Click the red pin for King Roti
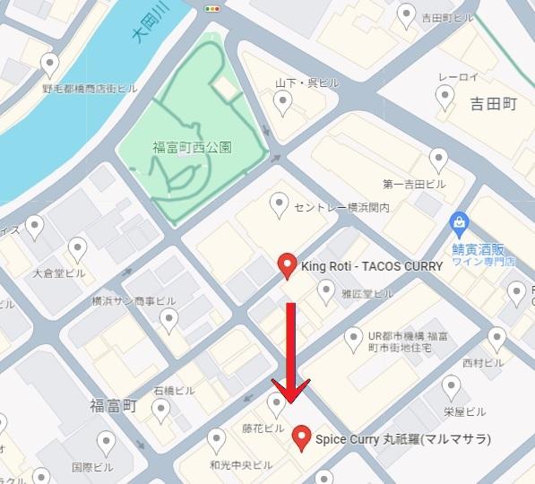pyautogui.click(x=286, y=265)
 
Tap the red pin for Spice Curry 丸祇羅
pyautogui.click(x=301, y=436)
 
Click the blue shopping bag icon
pyautogui.click(x=459, y=221)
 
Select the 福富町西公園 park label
pyautogui.click(x=192, y=147)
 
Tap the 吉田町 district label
pyautogui.click(x=494, y=105)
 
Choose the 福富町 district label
pyautogui.click(x=112, y=405)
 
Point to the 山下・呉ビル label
pyautogui.click(x=306, y=82)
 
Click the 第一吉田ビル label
pyautogui.click(x=414, y=186)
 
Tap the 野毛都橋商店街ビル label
pyautogui.click(x=90, y=90)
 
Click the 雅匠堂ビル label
pyautogui.click(x=367, y=293)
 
